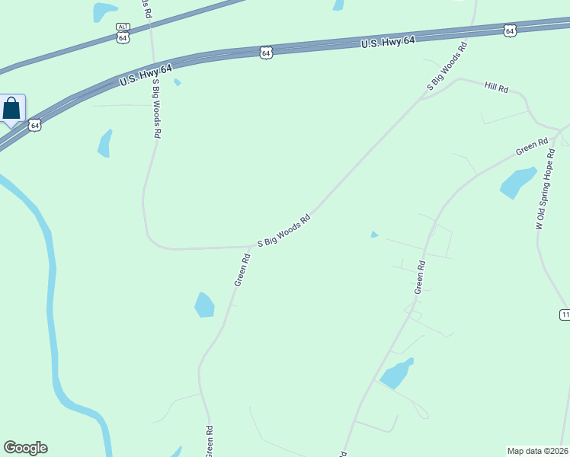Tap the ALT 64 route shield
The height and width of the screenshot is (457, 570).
tap(123, 33)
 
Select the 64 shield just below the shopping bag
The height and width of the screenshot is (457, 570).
tap(35, 125)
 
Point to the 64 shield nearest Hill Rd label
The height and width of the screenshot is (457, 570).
tap(510, 30)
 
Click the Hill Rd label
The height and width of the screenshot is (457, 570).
tap(496, 87)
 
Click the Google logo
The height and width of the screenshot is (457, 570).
tap(25, 448)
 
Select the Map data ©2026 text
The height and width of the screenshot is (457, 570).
tap(538, 451)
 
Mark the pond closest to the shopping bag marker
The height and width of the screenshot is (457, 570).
tap(104, 143)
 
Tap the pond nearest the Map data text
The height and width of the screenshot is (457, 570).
tap(396, 373)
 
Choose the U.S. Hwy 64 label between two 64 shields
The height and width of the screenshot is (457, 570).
tap(387, 43)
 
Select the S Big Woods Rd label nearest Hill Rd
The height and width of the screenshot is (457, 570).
tap(447, 73)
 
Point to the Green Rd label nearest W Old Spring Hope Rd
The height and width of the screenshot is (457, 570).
tap(532, 146)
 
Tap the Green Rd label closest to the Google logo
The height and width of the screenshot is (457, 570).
tap(208, 442)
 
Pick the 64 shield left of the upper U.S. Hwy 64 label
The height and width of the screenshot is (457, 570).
tap(264, 53)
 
